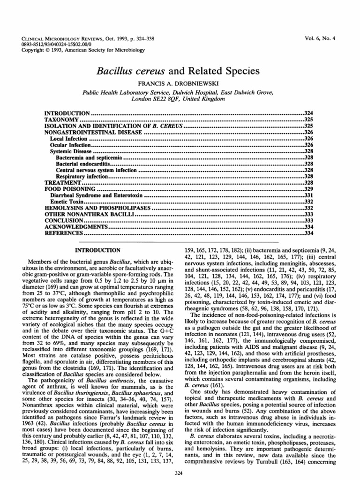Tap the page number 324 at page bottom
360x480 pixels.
pyautogui.click(x=180, y=471)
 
